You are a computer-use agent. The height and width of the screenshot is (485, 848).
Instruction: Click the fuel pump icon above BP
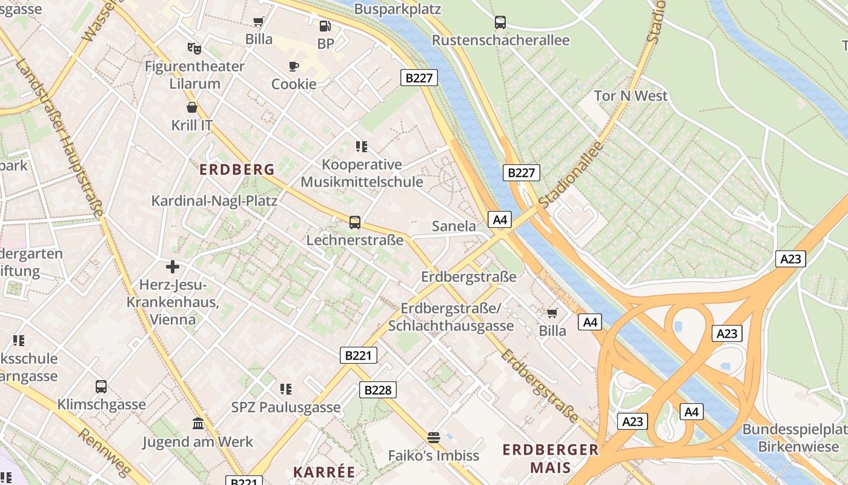click(x=325, y=26)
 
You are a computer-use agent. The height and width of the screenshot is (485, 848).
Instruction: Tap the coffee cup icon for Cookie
click(x=294, y=66)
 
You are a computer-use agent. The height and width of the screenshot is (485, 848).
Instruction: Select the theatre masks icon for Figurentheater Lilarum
click(x=194, y=47)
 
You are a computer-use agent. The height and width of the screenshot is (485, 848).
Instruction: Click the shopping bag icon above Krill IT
click(x=192, y=107)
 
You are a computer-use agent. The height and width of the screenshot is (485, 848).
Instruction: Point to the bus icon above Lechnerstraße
click(x=355, y=222)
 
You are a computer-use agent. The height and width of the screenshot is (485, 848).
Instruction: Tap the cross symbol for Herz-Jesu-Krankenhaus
click(x=173, y=266)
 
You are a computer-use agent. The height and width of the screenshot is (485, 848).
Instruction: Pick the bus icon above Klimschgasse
click(x=101, y=386)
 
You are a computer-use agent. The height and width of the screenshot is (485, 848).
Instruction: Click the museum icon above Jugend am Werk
click(x=198, y=423)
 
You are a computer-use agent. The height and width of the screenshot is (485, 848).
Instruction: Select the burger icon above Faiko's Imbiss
click(x=433, y=437)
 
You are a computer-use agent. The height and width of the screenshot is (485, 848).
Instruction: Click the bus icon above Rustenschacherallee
click(x=500, y=22)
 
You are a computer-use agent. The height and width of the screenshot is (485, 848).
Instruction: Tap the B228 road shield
click(x=378, y=390)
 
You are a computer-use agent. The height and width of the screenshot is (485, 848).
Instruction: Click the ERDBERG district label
click(x=237, y=170)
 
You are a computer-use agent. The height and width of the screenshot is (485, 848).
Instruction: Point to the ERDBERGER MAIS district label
click(x=551, y=458)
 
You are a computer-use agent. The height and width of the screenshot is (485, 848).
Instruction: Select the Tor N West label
click(x=631, y=96)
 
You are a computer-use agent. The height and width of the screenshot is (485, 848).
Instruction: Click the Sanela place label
click(x=454, y=226)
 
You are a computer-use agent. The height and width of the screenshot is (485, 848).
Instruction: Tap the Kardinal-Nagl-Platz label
click(x=214, y=201)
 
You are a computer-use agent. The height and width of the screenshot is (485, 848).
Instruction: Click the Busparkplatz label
click(x=397, y=9)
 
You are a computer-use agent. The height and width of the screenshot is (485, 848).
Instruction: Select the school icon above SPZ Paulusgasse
click(x=286, y=389)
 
